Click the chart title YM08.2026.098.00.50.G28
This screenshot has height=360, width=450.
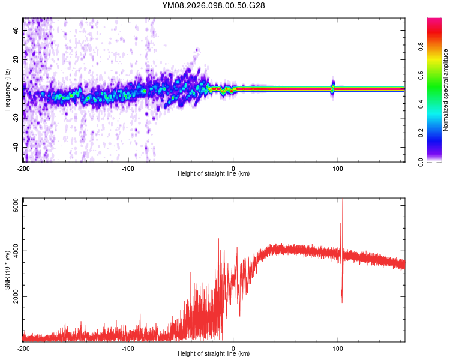pos(214,5)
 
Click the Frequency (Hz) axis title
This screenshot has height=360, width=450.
pos(7,89)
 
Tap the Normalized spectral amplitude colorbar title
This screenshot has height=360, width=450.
pos(446,90)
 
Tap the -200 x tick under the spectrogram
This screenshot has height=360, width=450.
pos(23,167)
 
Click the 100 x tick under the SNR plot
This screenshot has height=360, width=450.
pos(338,348)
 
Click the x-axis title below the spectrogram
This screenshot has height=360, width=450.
pos(214,174)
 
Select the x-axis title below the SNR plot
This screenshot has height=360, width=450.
pos(214,355)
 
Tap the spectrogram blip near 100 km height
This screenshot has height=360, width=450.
pos(333,88)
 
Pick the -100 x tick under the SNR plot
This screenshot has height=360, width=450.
pos(128,348)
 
